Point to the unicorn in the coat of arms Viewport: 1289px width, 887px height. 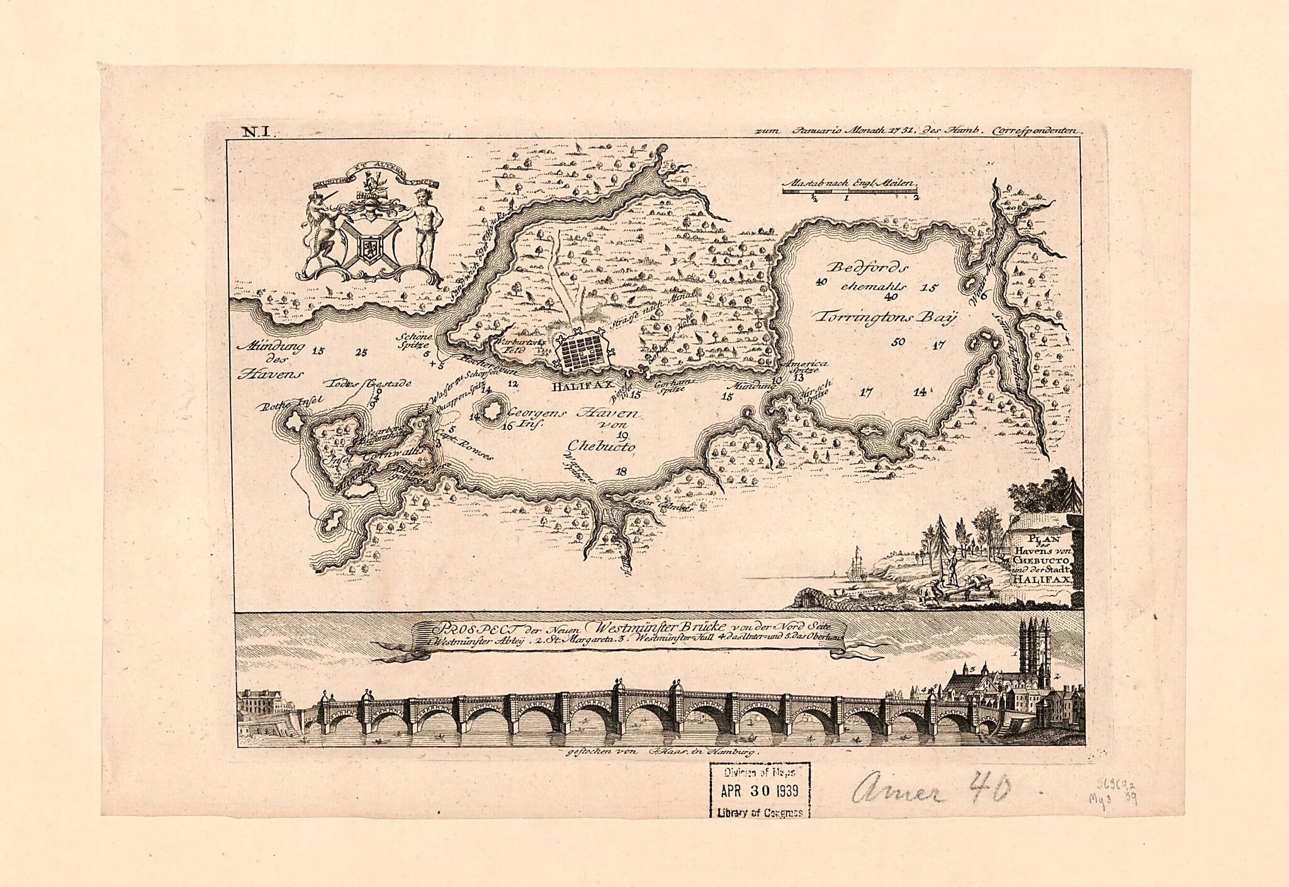point(322,227)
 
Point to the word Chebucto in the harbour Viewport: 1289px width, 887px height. point(602,446)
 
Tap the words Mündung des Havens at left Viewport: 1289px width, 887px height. point(269,359)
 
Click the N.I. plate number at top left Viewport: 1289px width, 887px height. point(256,132)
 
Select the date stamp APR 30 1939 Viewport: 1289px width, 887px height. point(760,789)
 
